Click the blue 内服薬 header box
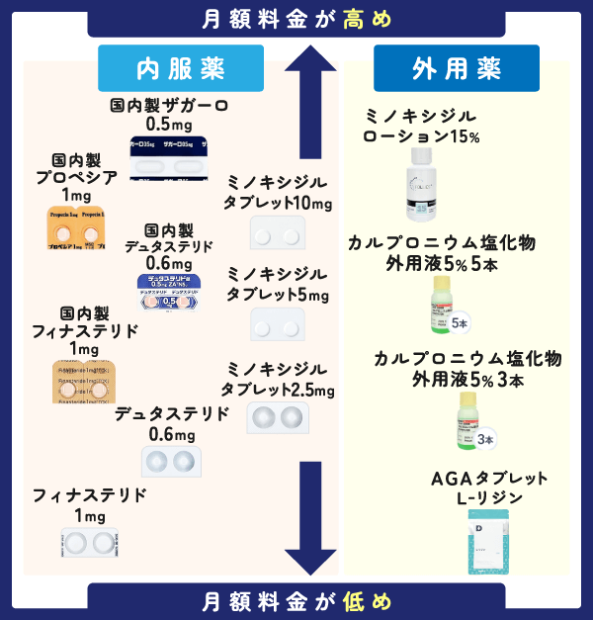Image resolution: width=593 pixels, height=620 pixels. point(181,68)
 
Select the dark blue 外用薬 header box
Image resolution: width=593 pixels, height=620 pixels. point(456,68)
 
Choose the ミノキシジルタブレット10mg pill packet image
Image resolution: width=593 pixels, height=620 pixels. point(279,233)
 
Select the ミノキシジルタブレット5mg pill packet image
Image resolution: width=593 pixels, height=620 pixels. point(279,323)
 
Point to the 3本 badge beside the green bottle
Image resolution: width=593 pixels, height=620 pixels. point(484,439)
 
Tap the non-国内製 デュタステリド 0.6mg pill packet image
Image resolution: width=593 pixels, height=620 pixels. point(171,460)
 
